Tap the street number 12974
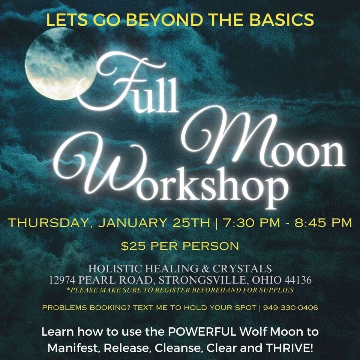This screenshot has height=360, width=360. click(65, 280)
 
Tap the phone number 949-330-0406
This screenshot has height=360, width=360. click(290, 308)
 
